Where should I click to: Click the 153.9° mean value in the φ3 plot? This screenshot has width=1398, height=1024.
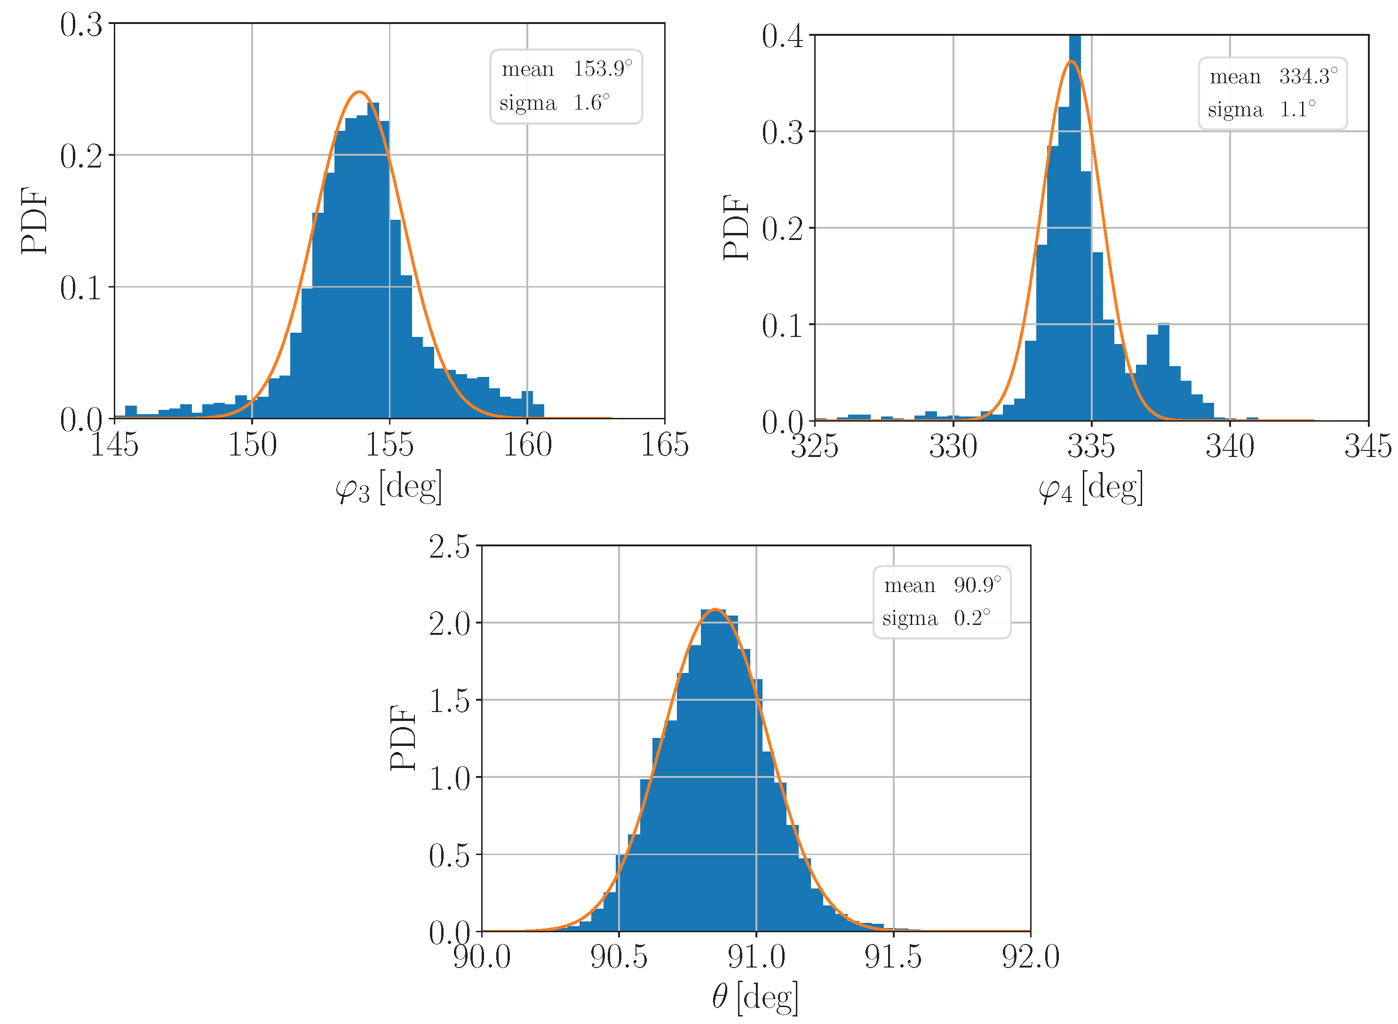pos(602,69)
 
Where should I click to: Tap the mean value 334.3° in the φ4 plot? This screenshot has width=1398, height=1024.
pos(1308,76)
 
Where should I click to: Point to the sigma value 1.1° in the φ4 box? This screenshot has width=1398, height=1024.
pos(1297,110)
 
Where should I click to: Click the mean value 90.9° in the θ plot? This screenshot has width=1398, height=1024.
pos(977,585)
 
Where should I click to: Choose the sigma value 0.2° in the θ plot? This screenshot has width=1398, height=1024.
pos(971,618)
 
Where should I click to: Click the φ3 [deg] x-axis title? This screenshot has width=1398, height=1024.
pos(389,488)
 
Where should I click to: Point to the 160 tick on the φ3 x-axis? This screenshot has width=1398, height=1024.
pos(527,445)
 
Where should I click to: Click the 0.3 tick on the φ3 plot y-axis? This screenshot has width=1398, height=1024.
pos(81,25)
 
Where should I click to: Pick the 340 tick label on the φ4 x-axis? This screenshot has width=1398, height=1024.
pos(1230,446)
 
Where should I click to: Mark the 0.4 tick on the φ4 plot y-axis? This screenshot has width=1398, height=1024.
pos(782,37)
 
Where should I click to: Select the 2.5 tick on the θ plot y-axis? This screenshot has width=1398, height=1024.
pos(449,547)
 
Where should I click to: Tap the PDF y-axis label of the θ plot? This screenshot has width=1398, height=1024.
pos(404,737)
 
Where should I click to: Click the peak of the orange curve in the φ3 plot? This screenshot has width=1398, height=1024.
pos(359,92)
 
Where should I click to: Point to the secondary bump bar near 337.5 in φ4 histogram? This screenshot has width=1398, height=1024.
pos(1163,372)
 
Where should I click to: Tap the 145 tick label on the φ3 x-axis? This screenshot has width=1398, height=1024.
pos(115,445)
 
